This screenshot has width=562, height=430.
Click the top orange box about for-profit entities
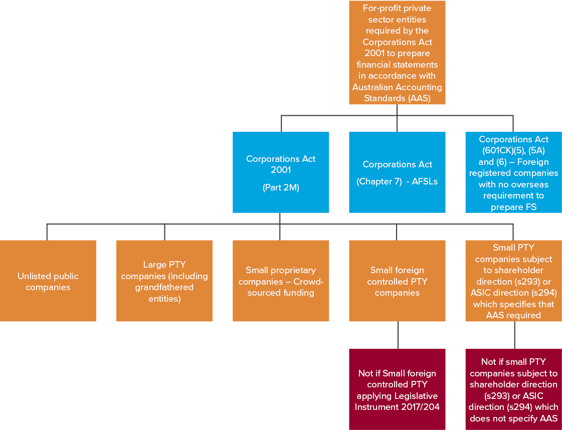point(397,53)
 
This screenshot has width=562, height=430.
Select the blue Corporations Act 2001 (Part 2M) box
point(281,172)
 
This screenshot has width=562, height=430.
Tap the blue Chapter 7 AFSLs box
point(397,172)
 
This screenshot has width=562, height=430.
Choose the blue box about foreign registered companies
point(513,172)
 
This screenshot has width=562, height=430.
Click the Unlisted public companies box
point(48,281)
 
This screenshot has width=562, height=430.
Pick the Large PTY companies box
point(164,281)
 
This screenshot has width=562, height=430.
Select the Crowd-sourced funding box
point(281,281)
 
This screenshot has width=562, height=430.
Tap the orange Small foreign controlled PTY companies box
point(397,281)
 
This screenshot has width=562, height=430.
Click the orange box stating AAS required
point(513,281)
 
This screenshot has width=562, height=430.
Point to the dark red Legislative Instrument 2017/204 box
point(397,389)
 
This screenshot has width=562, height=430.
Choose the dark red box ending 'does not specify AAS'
point(513,389)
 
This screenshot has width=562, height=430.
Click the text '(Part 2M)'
point(281,187)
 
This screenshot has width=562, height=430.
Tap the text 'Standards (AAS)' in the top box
point(397,98)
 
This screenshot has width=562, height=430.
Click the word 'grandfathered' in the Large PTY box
point(164,288)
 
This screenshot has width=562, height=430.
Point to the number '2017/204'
point(423,407)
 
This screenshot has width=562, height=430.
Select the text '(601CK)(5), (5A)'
point(513,150)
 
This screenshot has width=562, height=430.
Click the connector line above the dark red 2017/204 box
point(398,335)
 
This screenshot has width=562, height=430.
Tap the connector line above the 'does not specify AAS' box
point(514,335)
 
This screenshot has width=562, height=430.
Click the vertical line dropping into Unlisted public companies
point(47,232)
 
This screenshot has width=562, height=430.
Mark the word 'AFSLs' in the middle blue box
point(425,181)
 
